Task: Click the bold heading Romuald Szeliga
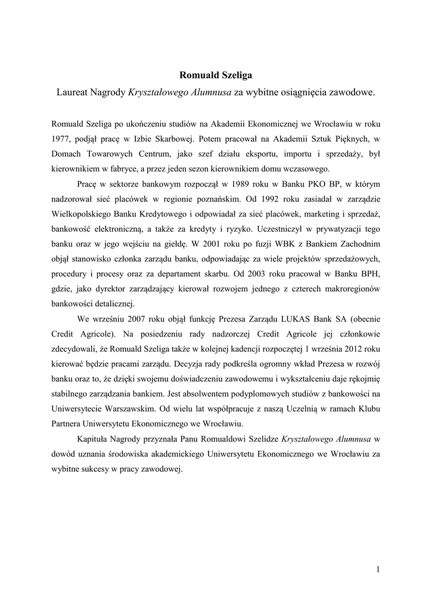click(216, 76)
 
